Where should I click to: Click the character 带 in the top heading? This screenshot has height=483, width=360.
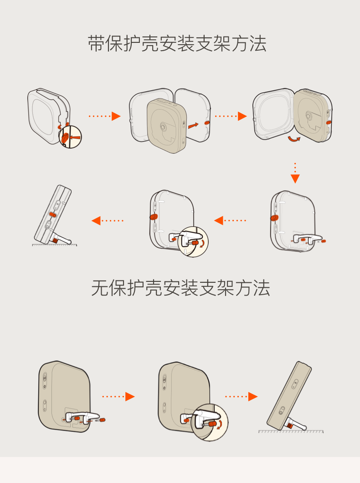pos(96,44)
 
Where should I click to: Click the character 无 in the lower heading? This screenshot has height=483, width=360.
pos(100,288)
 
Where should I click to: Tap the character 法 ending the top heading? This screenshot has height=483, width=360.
pos(258,44)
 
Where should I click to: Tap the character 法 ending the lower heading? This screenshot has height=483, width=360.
pos(262,288)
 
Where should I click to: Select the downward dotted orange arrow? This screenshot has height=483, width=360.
pos(295,173)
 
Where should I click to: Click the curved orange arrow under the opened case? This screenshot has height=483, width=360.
pos(293,140)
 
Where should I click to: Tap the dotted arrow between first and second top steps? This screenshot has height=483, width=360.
pos(104,116)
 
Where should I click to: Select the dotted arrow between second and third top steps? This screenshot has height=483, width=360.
pos(230,116)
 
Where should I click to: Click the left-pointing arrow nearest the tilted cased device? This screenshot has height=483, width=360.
pos(108,221)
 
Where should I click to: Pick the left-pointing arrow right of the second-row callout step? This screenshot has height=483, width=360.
pos(230,221)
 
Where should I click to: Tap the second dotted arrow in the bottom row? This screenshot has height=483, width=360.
pos(241,396)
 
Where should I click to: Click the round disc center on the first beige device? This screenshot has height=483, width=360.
pos(163,125)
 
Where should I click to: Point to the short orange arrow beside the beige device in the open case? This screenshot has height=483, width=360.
pos(194,124)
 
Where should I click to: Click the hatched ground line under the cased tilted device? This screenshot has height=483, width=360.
pos(55,245)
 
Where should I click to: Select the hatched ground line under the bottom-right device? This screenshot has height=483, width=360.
pos(291,431)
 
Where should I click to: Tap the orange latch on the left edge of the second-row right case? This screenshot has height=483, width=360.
pos(274,218)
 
